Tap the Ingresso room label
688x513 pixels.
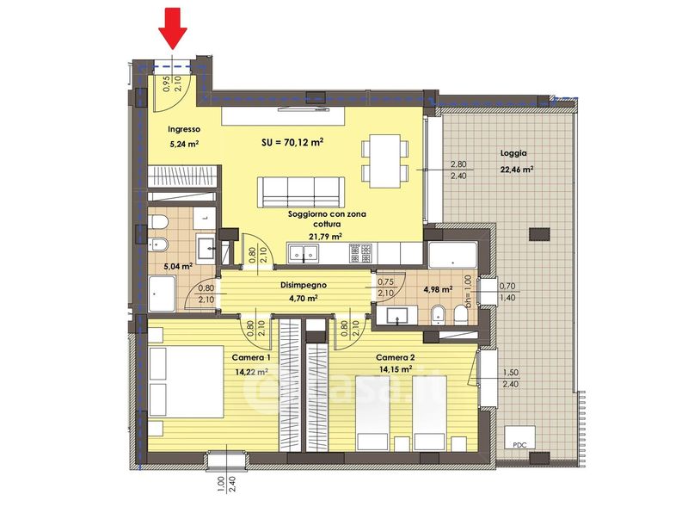coord(184,129)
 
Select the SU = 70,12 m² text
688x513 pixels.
coord(292,142)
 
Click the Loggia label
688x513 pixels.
coord(513,153)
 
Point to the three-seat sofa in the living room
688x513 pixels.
coord(300,192)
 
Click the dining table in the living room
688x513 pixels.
coord(384,161)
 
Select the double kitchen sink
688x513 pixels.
coord(304,252)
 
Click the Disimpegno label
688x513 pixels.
coord(304,285)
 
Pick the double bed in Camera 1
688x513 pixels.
coord(186,381)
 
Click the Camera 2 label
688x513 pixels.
coord(396,357)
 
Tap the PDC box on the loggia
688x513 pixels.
coord(519,437)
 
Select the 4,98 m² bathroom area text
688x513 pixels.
coord(438,289)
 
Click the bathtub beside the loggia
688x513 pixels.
coord(452,255)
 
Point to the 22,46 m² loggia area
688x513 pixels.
coord(517,170)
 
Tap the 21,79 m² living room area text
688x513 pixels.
coord(326,237)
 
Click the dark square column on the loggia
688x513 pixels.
coord(539,233)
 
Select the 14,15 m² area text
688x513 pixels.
coord(396,369)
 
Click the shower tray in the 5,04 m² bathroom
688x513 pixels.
coord(162,294)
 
